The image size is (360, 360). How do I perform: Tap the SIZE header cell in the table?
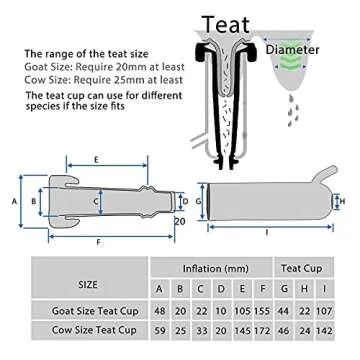(x=89, y=269)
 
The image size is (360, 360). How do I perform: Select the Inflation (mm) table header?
(x=215, y=269)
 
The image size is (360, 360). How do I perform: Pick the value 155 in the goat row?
(x=262, y=311)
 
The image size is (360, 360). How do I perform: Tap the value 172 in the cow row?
(x=262, y=331)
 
